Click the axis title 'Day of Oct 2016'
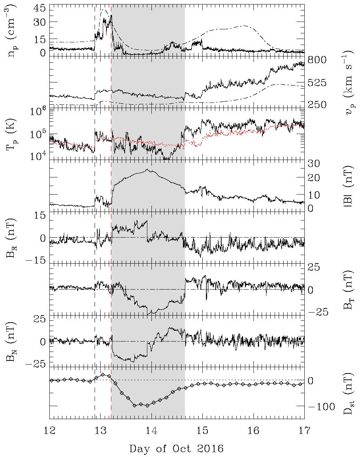(177, 448)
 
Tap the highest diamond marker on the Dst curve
(103, 374)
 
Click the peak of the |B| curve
(147, 170)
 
